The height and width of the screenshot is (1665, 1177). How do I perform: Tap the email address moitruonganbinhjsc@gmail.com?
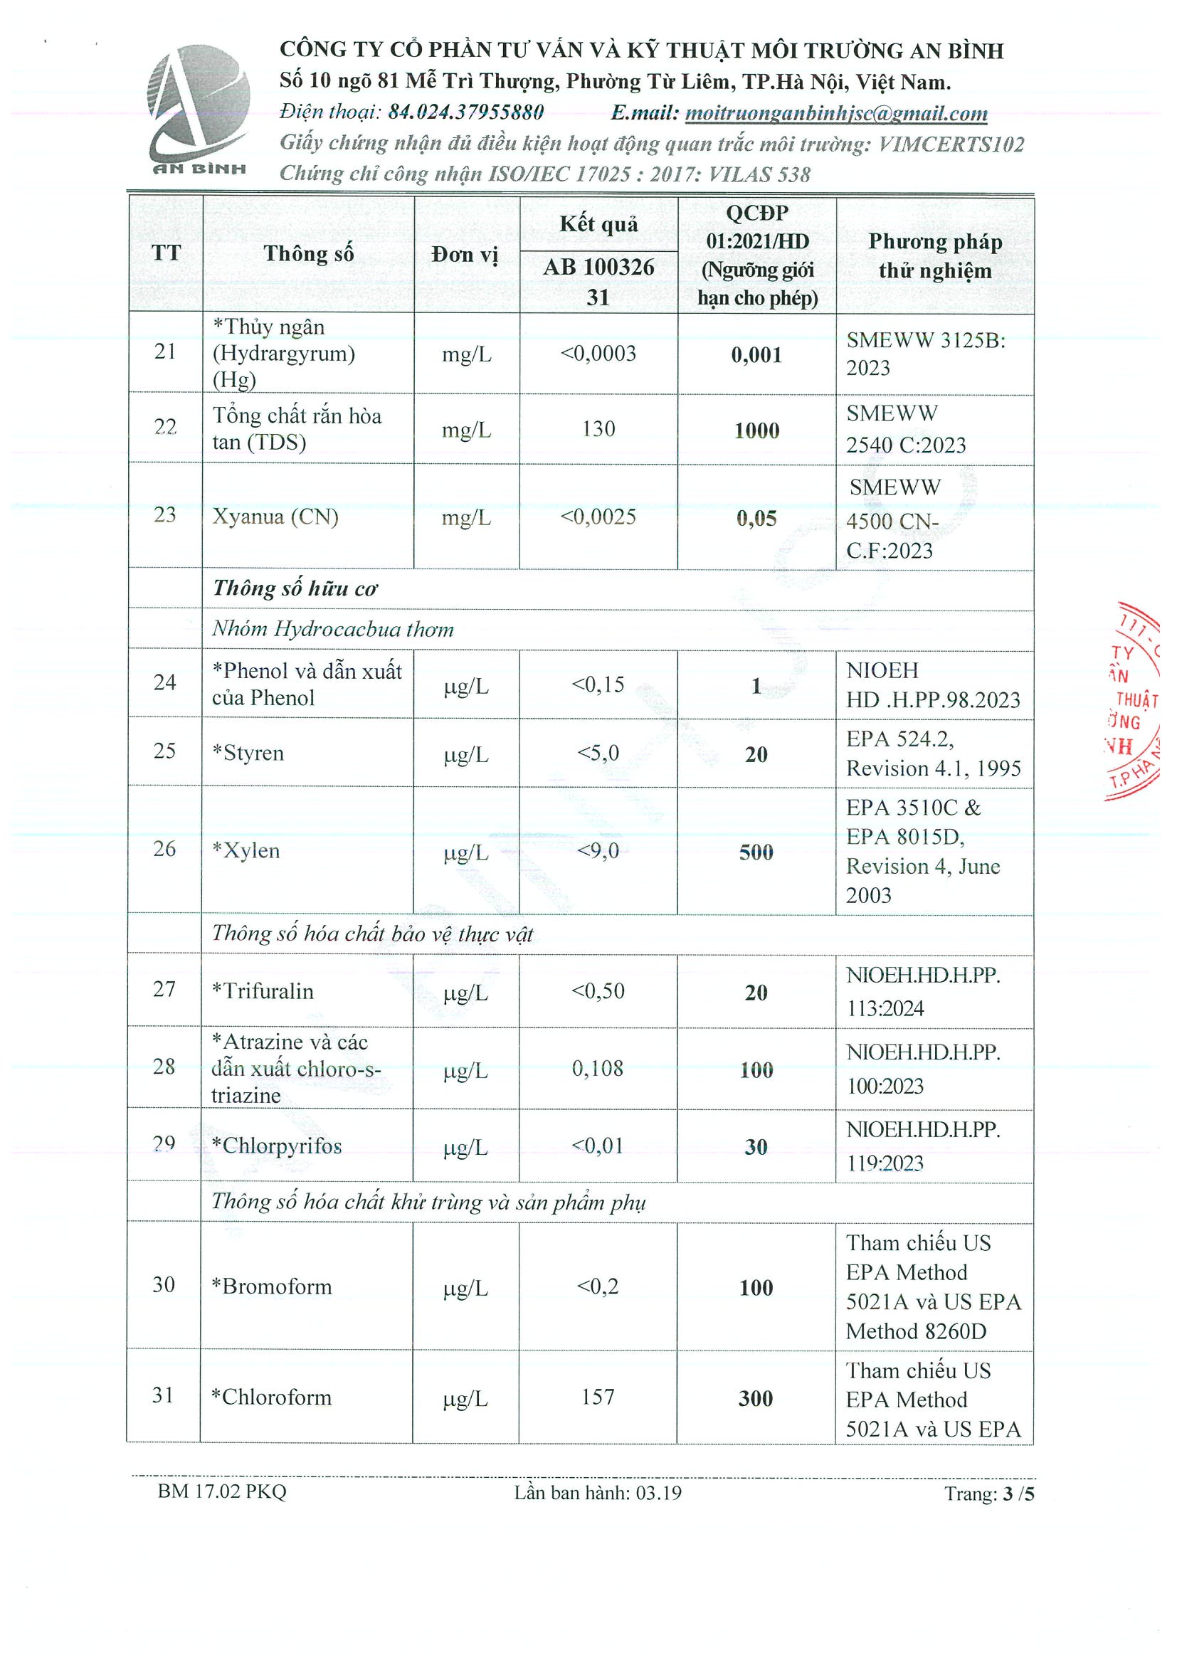tap(835, 113)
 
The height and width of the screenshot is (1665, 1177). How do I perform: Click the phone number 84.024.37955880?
tap(466, 112)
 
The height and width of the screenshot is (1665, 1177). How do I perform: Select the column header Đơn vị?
tap(465, 255)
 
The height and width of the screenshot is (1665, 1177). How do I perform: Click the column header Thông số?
tap(308, 254)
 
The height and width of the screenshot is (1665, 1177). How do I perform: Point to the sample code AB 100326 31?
tap(598, 281)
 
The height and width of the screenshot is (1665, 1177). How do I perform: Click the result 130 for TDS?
tap(598, 428)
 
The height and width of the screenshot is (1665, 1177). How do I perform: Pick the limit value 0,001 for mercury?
tap(756, 354)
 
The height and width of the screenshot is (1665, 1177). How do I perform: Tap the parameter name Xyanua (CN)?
tap(275, 517)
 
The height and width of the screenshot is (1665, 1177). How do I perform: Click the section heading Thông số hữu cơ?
tap(295, 588)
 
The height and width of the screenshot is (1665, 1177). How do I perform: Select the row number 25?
tap(164, 751)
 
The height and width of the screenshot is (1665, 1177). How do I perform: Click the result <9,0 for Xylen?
tap(598, 850)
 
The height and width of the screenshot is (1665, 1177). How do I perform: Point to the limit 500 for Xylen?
tap(756, 852)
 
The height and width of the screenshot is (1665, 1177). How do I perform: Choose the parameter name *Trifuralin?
tap(263, 990)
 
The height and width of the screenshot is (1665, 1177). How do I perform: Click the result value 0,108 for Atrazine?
tap(598, 1068)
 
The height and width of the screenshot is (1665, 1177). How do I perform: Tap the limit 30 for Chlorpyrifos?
tap(756, 1146)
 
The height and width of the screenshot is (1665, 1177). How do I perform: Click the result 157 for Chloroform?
tap(598, 1396)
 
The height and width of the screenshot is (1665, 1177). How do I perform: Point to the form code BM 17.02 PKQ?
tap(222, 1491)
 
